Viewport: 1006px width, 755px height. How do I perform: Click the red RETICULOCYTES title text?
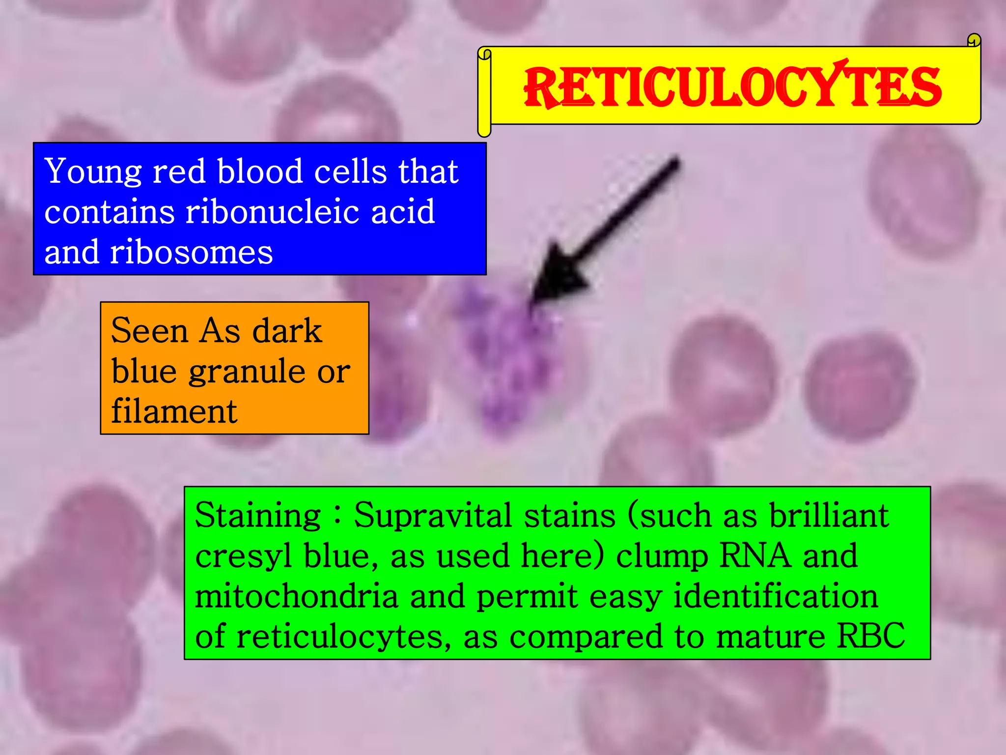(732, 87)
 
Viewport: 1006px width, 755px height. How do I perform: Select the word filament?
(174, 411)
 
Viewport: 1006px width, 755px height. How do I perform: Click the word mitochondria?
(296, 597)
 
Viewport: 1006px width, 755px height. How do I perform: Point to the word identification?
(775, 597)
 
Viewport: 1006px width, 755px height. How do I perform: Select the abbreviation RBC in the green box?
(870, 636)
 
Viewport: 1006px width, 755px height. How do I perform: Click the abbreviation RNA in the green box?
(755, 556)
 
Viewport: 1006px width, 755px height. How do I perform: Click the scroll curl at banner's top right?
(973, 40)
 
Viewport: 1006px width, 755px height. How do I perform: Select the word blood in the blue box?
(260, 172)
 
